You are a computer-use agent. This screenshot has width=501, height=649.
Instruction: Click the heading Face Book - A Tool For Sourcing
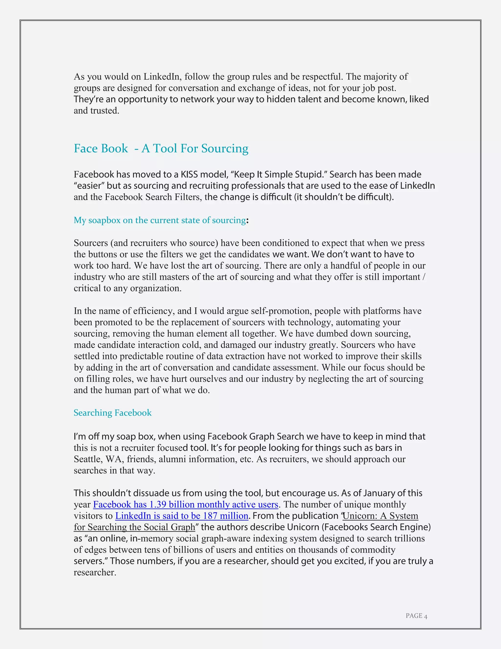click(161, 148)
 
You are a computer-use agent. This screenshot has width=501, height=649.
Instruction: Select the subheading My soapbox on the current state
click(160, 220)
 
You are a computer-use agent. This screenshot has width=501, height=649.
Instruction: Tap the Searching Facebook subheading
click(113, 413)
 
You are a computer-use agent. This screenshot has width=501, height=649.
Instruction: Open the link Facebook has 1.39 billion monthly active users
click(185, 504)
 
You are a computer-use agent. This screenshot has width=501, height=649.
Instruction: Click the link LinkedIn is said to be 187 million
click(182, 516)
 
